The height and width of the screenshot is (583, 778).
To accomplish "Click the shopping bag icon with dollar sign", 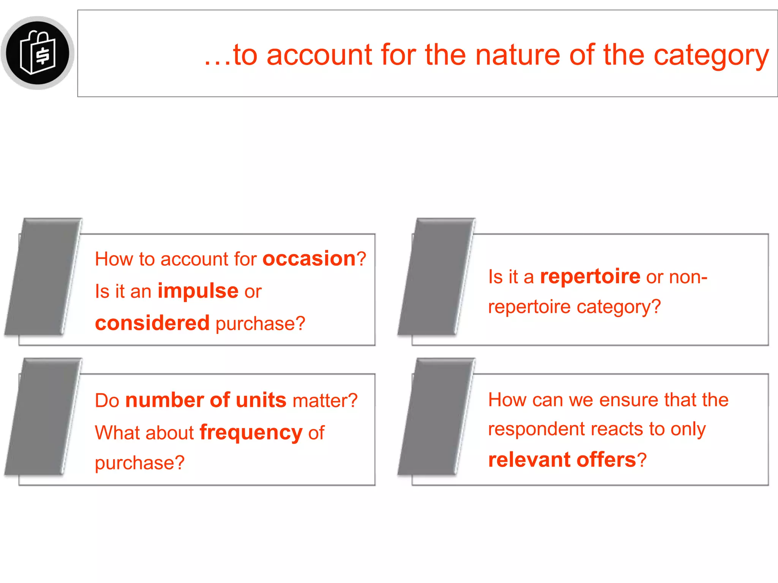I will pyautogui.click(x=38, y=53).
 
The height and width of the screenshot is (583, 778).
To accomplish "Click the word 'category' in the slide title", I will pyautogui.click(x=711, y=55).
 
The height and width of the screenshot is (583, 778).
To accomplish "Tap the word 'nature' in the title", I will pyautogui.click(x=518, y=55).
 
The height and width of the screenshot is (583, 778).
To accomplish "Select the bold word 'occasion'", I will pyautogui.click(x=309, y=259).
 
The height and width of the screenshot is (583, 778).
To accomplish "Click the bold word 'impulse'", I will pyautogui.click(x=198, y=291).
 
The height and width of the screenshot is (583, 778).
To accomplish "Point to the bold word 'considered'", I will pyautogui.click(x=152, y=323).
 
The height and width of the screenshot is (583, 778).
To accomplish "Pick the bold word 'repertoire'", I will pyautogui.click(x=590, y=276).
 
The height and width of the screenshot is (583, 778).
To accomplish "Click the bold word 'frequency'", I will pyautogui.click(x=251, y=433).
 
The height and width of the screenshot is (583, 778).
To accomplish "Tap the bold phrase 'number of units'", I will pyautogui.click(x=206, y=400).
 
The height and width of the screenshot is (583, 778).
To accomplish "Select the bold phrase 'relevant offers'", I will pyautogui.click(x=562, y=460).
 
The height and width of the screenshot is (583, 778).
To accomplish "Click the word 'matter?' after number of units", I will pyautogui.click(x=325, y=400).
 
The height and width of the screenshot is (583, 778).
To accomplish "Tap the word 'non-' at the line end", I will pyautogui.click(x=688, y=277).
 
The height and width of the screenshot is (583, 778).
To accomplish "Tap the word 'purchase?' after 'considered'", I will pyautogui.click(x=260, y=324).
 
